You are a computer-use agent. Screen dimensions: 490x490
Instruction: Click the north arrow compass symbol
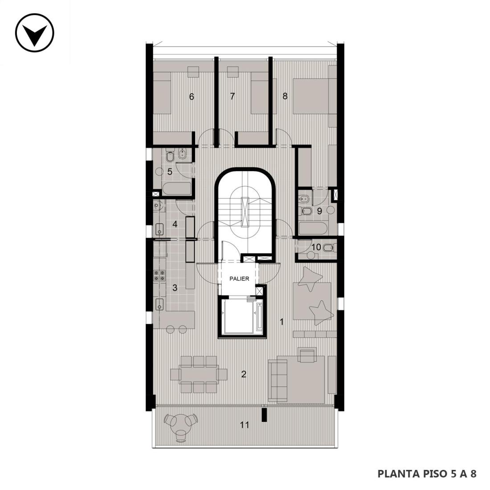[35, 33]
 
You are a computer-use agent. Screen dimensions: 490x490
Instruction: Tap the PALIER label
[239, 279]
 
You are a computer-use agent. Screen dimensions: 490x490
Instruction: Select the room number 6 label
[192, 97]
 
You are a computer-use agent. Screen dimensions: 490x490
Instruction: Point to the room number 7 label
[232, 96]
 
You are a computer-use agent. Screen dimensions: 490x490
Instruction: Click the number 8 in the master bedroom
[285, 96]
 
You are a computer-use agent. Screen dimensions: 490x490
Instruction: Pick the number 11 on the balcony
[245, 425]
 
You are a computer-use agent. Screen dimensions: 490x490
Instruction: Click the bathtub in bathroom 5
[176, 188]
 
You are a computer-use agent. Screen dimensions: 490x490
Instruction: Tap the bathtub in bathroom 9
[313, 229]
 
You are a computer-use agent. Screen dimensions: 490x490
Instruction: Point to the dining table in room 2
[199, 374]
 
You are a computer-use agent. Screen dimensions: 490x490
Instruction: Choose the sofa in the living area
[278, 380]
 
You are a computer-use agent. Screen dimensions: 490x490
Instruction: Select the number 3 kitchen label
[175, 288]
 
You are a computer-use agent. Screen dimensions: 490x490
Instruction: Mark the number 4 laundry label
[175, 224]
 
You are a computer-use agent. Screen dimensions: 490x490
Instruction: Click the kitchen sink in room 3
[159, 304]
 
